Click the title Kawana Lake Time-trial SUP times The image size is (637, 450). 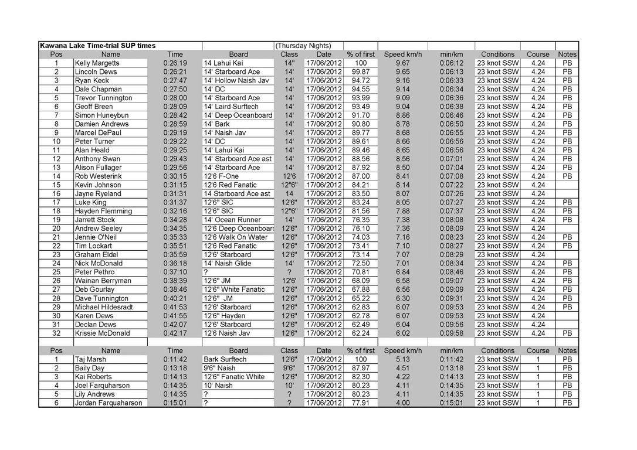coord(97,46)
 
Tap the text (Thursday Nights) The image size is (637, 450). coord(303,46)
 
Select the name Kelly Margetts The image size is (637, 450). coord(97,63)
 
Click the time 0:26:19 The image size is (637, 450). coord(175,63)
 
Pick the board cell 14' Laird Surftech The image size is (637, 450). coord(231,107)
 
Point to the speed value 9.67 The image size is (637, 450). coord(402,63)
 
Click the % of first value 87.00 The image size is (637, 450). coord(361,176)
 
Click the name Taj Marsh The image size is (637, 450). coord(90,359)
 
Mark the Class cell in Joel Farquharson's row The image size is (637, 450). coord(289,386)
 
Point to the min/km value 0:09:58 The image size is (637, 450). coord(451,333)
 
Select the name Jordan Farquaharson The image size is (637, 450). coord(108,403)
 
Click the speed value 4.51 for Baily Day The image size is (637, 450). coord(402,368)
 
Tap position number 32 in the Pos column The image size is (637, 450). coord(56,333)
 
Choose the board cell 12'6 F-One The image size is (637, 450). coord(221,176)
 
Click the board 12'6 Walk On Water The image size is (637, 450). coord(235,237)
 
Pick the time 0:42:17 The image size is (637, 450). coord(175,333)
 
